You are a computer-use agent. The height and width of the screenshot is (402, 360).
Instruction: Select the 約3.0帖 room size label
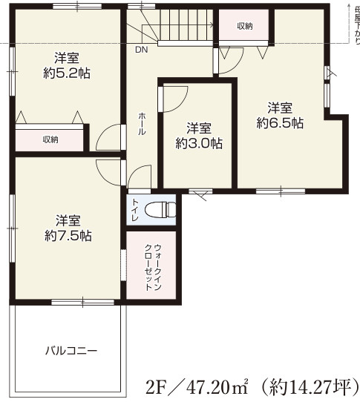(198, 143)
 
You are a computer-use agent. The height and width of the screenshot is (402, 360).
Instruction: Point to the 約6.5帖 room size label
(280, 123)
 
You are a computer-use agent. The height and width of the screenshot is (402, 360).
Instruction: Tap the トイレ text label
(136, 209)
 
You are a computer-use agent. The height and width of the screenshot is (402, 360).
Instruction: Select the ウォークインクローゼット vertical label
(152, 265)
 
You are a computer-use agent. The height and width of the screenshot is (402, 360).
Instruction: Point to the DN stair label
(141, 50)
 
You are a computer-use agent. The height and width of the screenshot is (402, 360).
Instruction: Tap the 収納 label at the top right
(245, 26)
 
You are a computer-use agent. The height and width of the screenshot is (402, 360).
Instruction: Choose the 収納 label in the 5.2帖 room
(50, 139)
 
